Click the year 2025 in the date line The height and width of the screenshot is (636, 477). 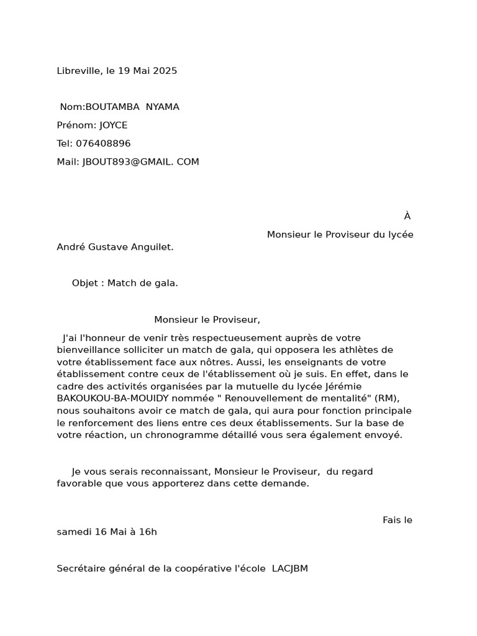coord(165,71)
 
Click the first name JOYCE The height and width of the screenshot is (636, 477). coord(113,125)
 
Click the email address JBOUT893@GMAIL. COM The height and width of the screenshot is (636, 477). coord(141,162)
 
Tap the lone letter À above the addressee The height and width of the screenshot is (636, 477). coord(407,216)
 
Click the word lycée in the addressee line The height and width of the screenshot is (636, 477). coord(401,235)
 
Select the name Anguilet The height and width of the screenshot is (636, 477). coord(152,247)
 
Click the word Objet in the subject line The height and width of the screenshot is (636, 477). coord(85,283)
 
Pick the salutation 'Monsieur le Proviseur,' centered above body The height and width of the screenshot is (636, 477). coord(207,320)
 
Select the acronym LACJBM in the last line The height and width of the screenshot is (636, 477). coord(290,568)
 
